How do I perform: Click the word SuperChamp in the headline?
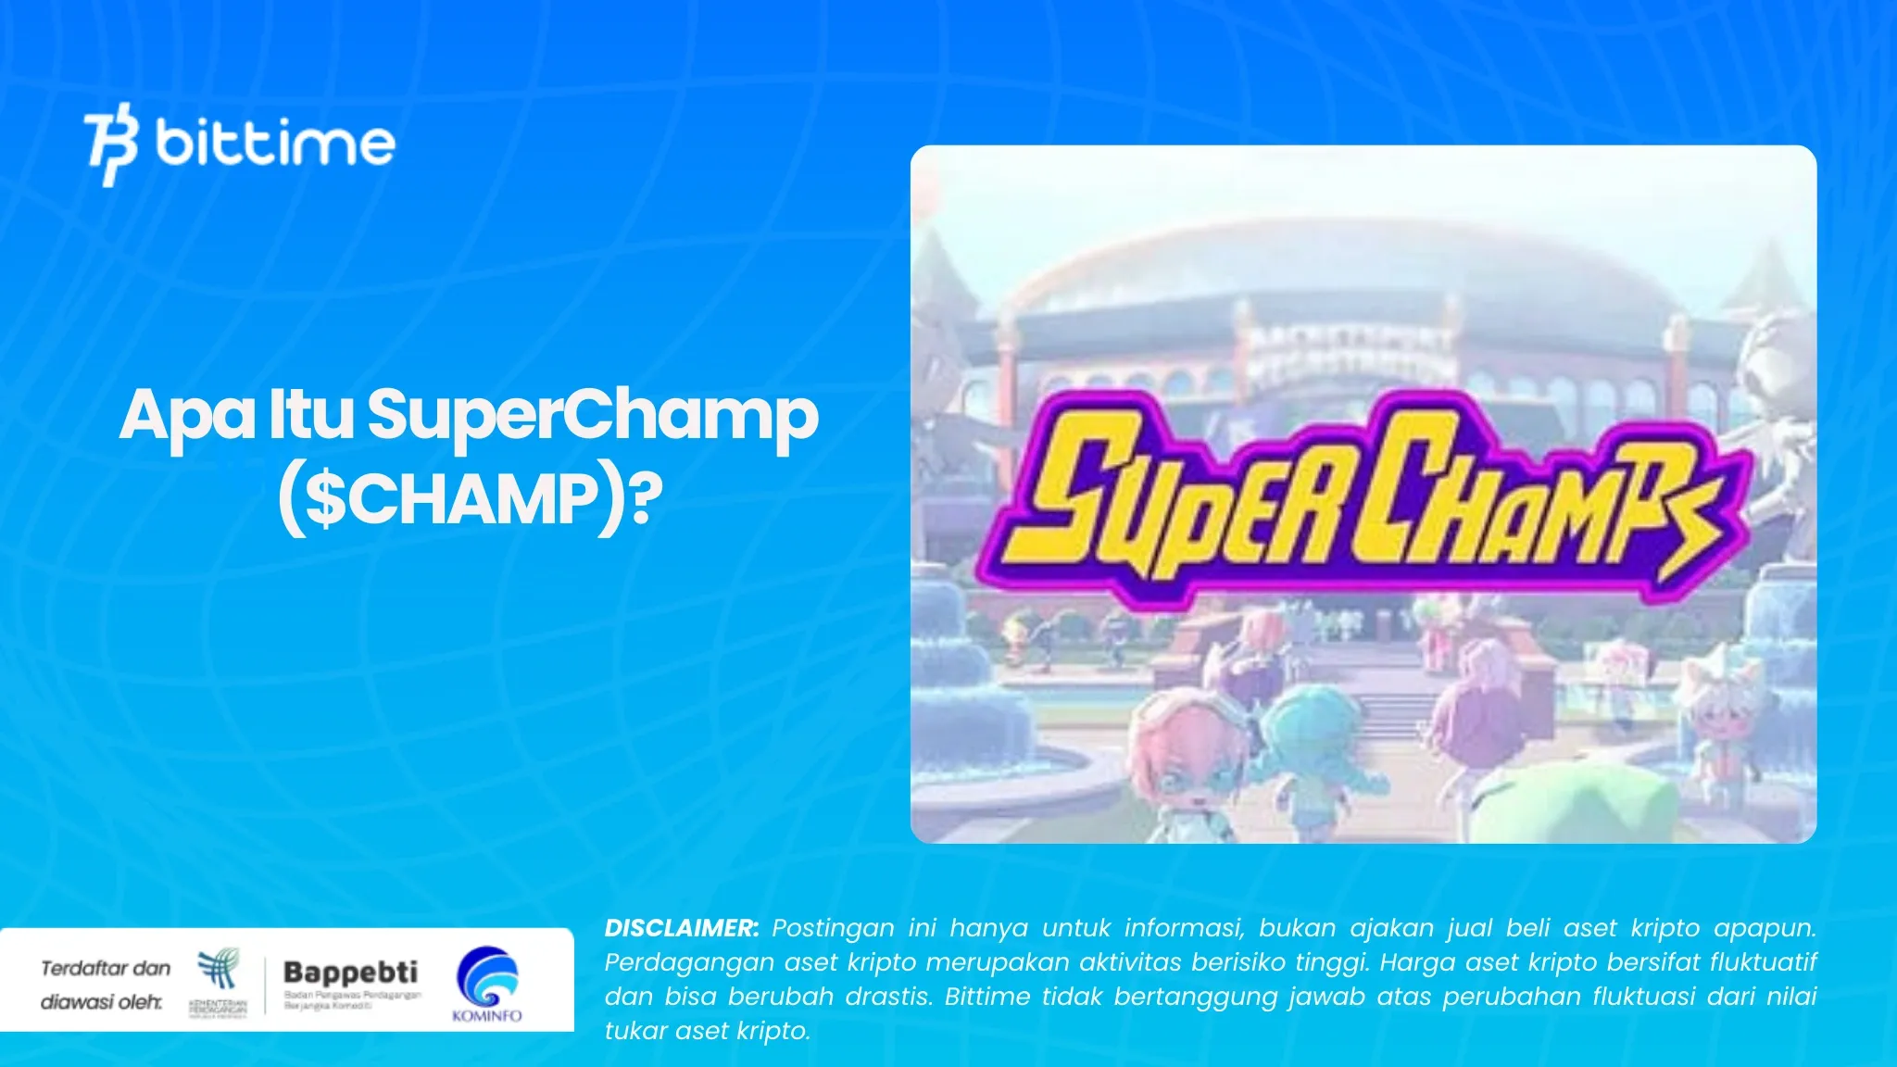[593, 416]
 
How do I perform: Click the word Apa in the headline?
[186, 416]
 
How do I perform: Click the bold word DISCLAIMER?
[681, 928]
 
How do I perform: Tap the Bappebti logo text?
[350, 973]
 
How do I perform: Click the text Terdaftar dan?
[106, 969]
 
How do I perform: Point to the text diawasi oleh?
[101, 1002]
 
